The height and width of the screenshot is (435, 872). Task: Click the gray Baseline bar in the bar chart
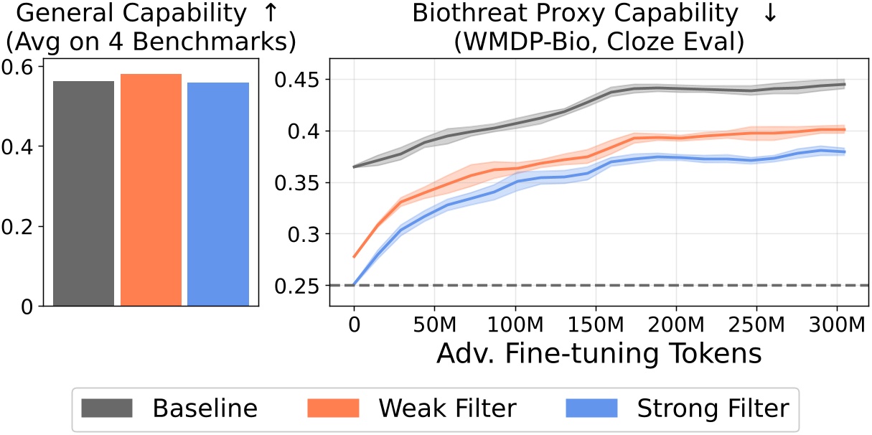coord(83,194)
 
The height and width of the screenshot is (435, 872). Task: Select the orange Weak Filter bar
coord(151,190)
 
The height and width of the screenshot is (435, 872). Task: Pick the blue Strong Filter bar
coord(218,195)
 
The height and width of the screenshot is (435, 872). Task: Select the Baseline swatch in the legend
coord(108,408)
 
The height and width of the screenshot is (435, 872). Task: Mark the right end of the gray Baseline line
coord(845,84)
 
